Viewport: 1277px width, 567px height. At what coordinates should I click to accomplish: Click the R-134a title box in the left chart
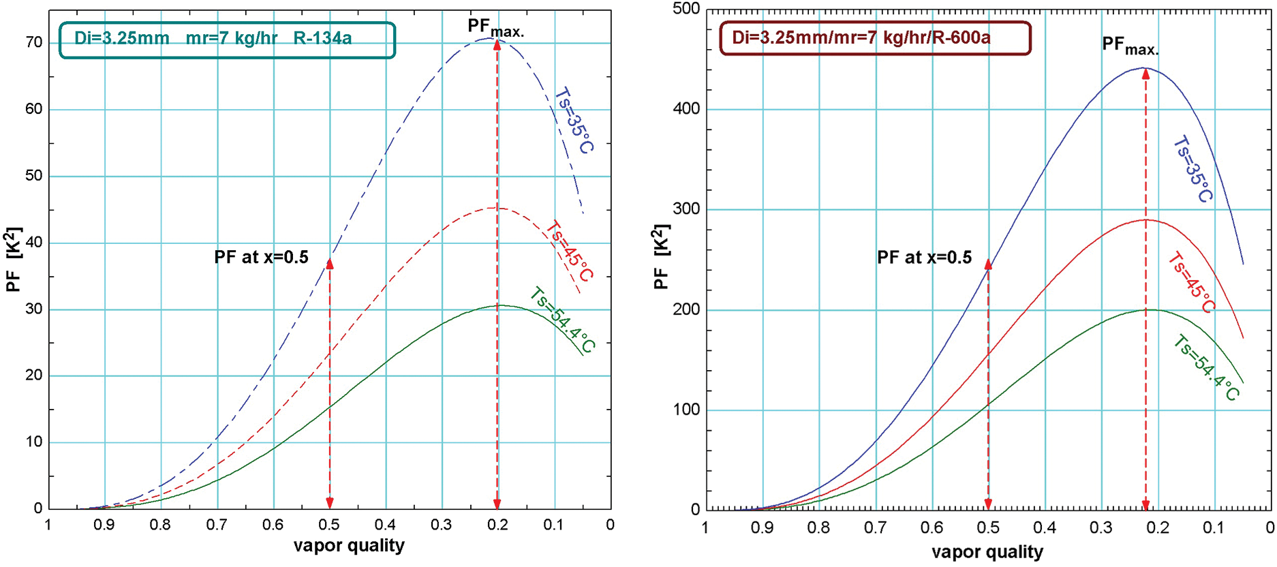(x=227, y=40)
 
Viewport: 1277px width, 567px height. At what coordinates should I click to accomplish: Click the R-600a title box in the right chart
(x=875, y=38)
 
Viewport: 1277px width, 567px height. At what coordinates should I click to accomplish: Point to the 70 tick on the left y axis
(x=34, y=43)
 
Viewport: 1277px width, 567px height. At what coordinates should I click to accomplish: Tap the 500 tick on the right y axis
(x=686, y=9)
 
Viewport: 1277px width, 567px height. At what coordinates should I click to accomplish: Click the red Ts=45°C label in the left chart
(x=569, y=250)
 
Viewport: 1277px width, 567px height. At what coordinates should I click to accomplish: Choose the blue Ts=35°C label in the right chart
(x=1193, y=169)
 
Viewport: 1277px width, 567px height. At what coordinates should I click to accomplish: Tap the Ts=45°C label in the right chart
(x=1191, y=282)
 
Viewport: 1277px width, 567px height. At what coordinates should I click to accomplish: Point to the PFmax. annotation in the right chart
(x=1130, y=46)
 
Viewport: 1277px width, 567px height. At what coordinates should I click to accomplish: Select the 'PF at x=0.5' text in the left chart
(x=261, y=257)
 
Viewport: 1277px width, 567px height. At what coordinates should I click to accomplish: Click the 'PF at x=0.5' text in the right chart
(x=924, y=258)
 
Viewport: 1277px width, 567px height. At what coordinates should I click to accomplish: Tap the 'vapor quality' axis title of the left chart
(x=349, y=546)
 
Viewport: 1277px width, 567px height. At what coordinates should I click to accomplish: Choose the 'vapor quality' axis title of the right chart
(x=987, y=552)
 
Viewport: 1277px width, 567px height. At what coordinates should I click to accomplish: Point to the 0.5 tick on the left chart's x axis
(x=330, y=525)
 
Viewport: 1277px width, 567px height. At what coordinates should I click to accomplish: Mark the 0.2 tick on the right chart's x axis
(x=1157, y=527)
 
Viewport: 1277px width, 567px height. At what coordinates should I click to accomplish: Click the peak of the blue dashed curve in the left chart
(x=490, y=38)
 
